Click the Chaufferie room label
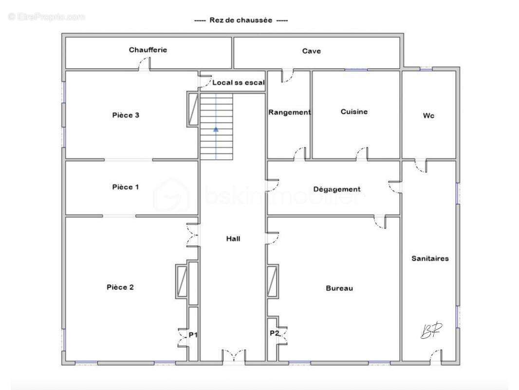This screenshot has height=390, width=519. pyautogui.click(x=148, y=50)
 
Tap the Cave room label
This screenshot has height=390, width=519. pyautogui.click(x=311, y=51)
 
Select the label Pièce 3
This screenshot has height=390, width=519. pyautogui.click(x=126, y=115)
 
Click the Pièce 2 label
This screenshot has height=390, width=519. pyautogui.click(x=120, y=287)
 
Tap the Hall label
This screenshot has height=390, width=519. pyautogui.click(x=233, y=238)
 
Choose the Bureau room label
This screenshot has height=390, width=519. pyautogui.click(x=339, y=288)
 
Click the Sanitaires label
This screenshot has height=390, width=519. pyautogui.click(x=429, y=258)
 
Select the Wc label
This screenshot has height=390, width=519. pyautogui.click(x=428, y=116)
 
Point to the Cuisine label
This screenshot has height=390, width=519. pyautogui.click(x=354, y=112)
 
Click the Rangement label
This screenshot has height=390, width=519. pyautogui.click(x=289, y=112)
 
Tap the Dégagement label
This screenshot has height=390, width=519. pyautogui.click(x=336, y=189)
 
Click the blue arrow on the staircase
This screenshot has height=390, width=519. pyautogui.click(x=216, y=130)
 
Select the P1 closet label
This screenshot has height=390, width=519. pyautogui.click(x=193, y=334)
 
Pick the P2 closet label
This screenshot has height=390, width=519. pyautogui.click(x=274, y=333)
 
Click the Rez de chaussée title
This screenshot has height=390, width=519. pyautogui.click(x=241, y=20)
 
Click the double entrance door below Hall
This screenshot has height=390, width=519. pyautogui.click(x=233, y=355)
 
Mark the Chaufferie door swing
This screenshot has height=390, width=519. pyautogui.click(x=144, y=64)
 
